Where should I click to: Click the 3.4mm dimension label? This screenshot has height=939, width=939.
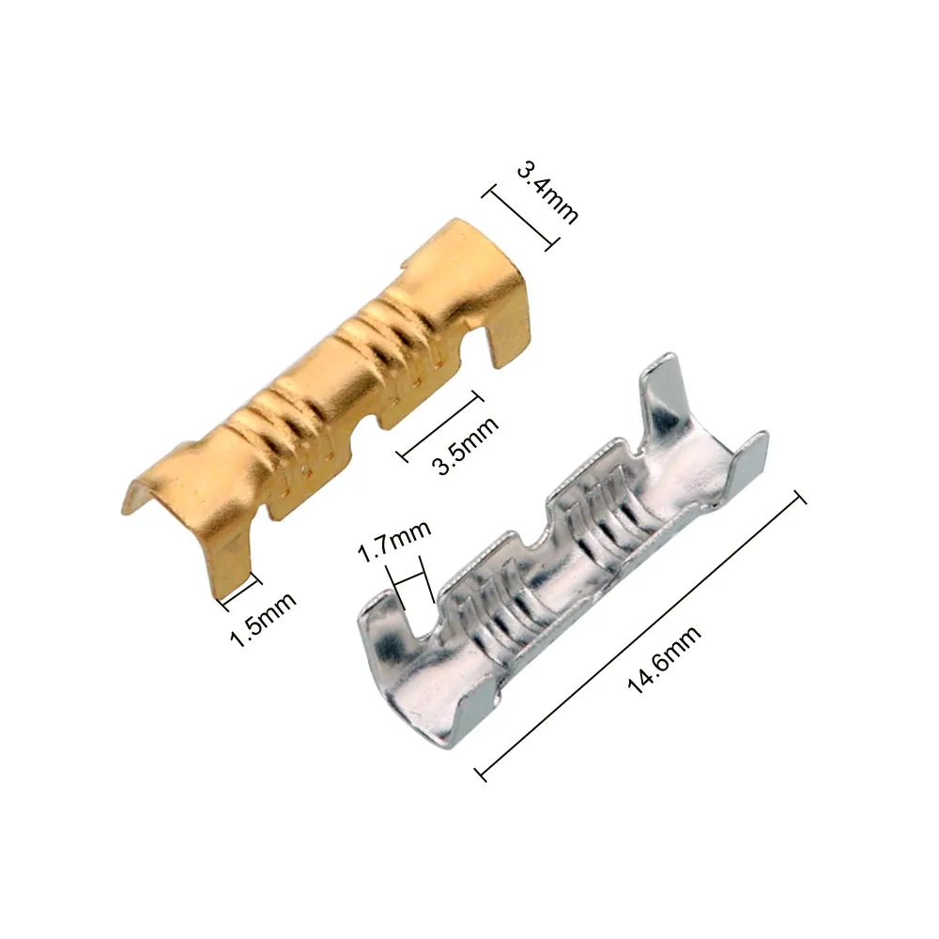tap(547, 192)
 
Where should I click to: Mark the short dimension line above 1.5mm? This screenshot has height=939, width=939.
tap(239, 588)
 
